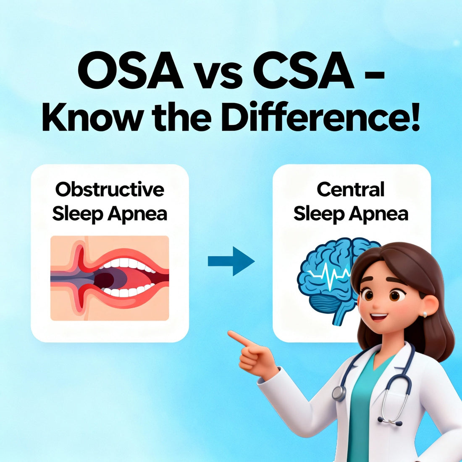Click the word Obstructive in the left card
click(110, 189)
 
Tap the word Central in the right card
click(351, 189)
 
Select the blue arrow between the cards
click(231, 261)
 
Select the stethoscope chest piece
click(339, 393)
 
